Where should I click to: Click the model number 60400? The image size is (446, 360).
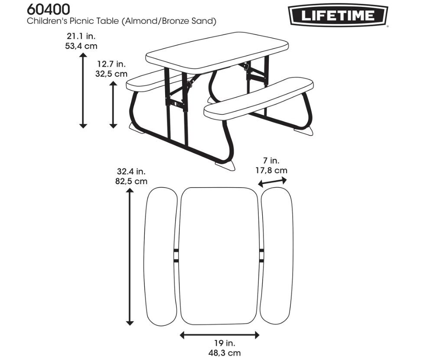point(49,9)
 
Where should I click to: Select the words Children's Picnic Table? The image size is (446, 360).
point(74,21)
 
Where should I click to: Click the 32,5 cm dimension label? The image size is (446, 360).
point(111,74)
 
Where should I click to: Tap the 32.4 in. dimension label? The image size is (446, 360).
point(131,172)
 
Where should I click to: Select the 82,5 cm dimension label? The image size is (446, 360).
point(131,182)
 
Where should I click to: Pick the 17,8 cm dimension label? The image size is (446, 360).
point(271,170)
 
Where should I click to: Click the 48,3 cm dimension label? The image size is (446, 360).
point(219,353)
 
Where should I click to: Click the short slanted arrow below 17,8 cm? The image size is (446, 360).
point(273,182)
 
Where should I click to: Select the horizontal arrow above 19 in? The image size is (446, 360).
point(219,334)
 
